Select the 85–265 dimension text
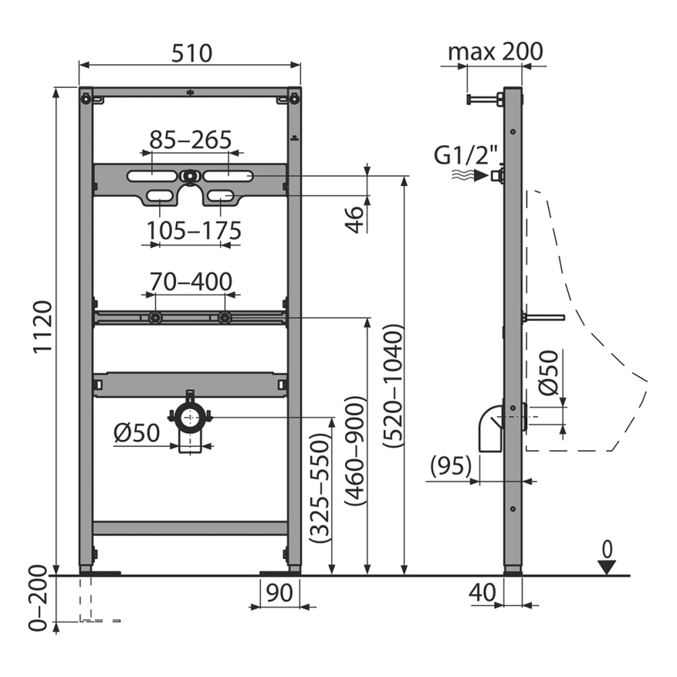[190, 140]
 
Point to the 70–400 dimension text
[190, 280]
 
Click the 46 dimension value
[353, 217]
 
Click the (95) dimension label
[450, 467]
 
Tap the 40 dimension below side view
[482, 593]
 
